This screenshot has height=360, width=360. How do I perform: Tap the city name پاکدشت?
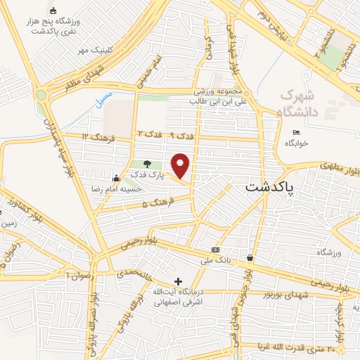[271, 188]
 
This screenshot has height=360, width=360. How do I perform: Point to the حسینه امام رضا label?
[119, 188]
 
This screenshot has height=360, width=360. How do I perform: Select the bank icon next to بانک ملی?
[214, 250]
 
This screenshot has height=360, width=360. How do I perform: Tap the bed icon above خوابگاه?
[296, 132]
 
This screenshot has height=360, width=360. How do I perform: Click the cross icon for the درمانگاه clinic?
[178, 281]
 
